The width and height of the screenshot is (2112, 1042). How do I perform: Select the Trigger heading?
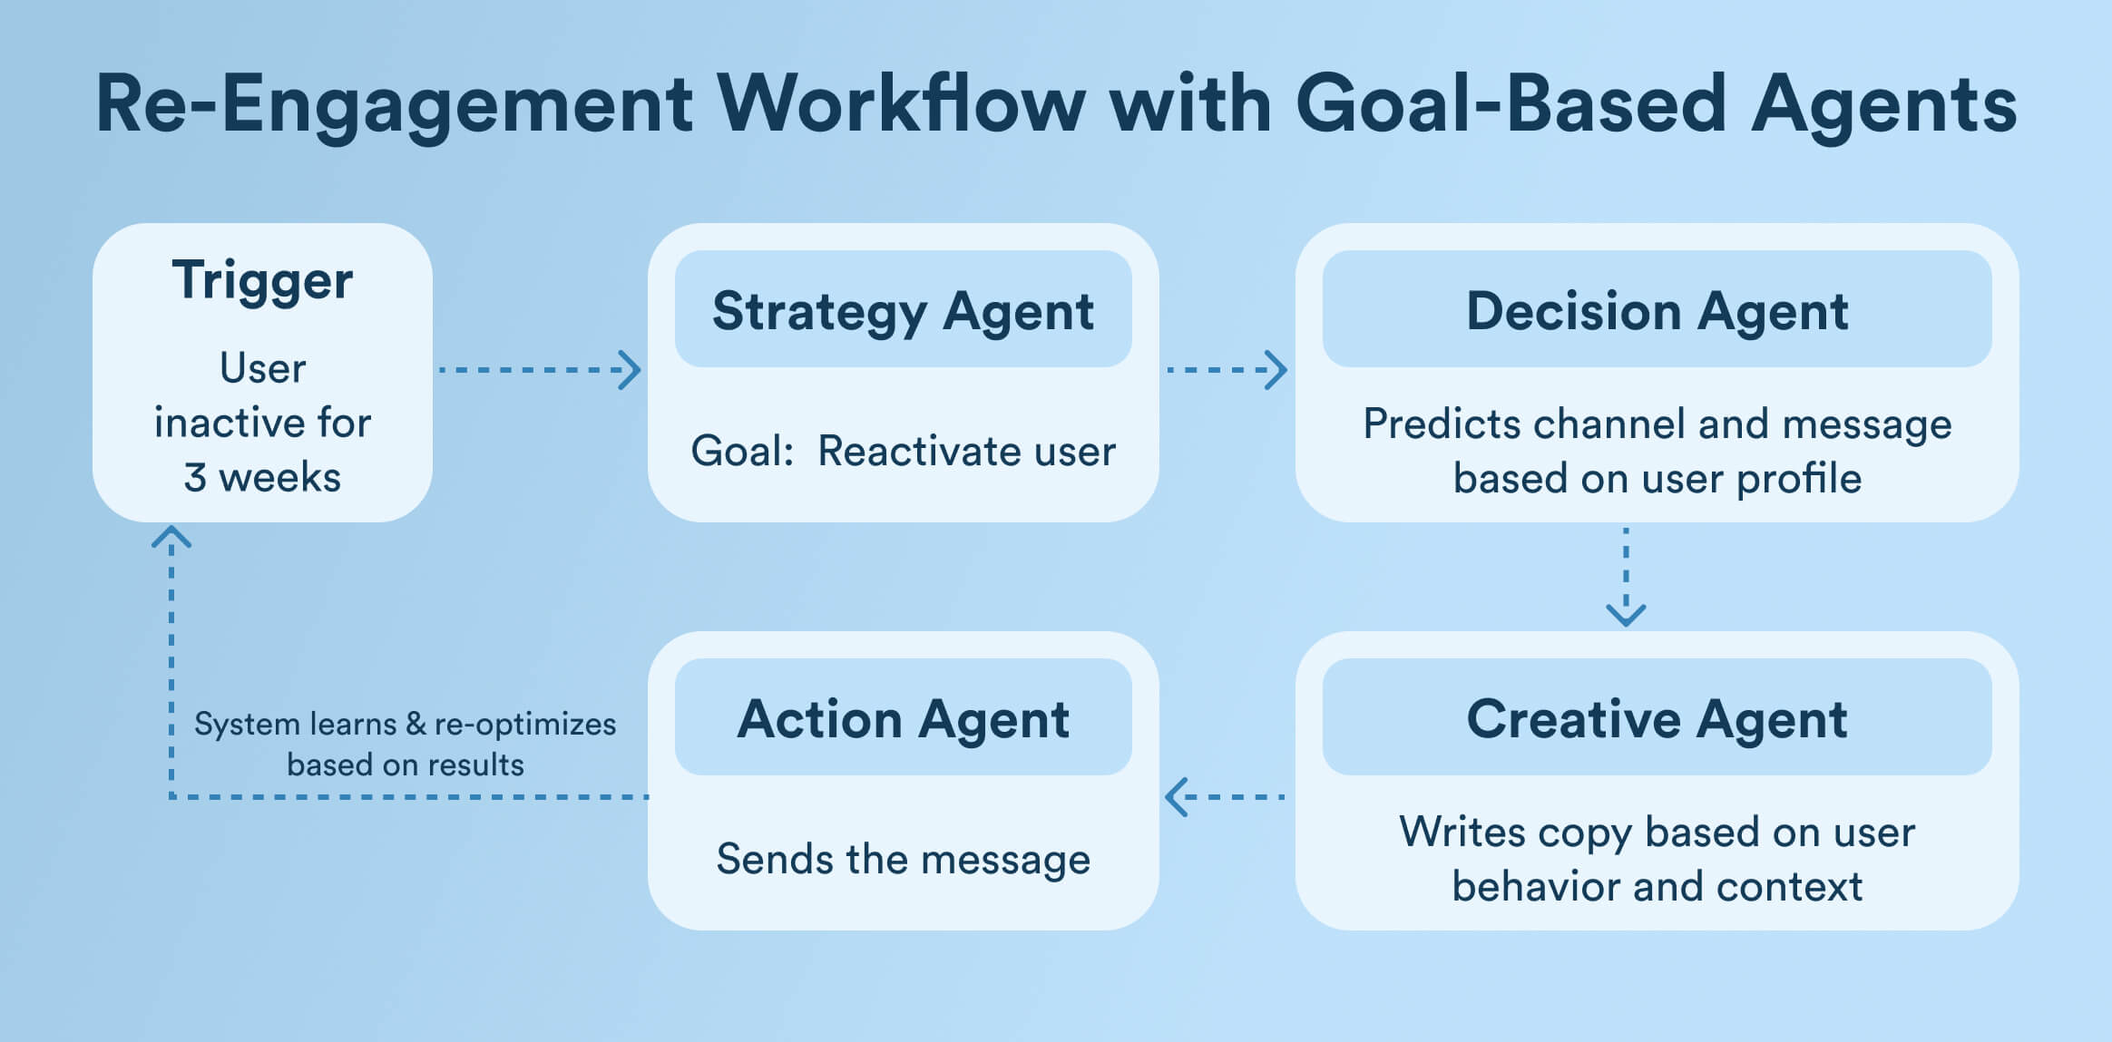262,280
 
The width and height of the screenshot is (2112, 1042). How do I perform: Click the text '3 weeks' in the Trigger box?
262,478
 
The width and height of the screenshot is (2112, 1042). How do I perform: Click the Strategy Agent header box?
903,310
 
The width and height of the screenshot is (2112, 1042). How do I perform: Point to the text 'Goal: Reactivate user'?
903,451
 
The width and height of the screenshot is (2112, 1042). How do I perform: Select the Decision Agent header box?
1657,310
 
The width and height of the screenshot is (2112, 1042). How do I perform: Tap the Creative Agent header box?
1657,718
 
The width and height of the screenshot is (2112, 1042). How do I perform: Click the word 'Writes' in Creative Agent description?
1461,833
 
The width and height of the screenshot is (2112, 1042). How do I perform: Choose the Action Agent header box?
903,718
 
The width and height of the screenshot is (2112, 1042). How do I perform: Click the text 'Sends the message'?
903,859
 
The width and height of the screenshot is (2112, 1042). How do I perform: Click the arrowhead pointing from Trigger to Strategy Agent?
631,370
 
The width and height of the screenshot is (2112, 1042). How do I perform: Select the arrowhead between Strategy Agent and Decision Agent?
1276,370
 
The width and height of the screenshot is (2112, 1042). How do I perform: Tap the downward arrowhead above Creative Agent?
1626,615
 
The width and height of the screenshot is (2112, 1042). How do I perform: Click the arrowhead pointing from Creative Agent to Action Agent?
1176,797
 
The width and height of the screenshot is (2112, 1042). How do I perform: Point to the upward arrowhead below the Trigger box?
171,537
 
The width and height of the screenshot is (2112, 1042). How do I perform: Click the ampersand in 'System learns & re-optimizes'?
416,724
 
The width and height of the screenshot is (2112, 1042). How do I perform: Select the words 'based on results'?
406,765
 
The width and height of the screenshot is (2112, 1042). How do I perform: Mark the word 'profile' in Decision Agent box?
1798,479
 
